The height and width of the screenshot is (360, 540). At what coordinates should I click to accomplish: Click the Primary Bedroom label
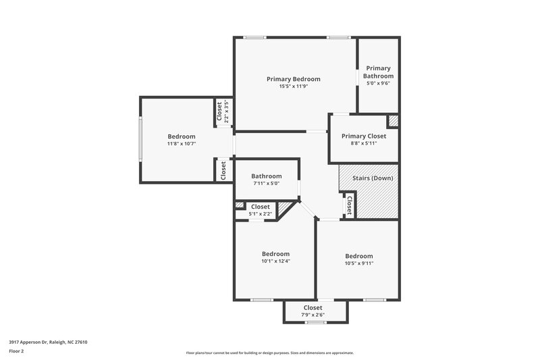(293, 79)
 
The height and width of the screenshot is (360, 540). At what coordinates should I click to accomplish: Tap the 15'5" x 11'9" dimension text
(293, 86)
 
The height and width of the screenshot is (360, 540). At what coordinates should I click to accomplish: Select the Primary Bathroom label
(379, 72)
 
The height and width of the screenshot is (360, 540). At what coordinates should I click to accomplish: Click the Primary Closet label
(364, 136)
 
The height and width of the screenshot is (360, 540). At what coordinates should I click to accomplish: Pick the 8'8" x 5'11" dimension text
(364, 143)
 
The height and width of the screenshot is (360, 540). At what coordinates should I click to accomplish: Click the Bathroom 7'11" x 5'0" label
(267, 176)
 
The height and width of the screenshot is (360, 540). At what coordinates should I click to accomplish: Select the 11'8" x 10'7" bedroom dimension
(182, 144)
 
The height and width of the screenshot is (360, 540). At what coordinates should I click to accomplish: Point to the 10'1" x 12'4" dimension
(275, 261)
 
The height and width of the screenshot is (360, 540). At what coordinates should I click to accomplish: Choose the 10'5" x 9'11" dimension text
(358, 263)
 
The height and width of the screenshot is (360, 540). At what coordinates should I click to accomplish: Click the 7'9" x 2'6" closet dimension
(313, 315)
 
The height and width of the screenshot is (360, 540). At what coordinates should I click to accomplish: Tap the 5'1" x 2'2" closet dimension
(261, 214)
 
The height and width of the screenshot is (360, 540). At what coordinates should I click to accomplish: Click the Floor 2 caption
(17, 351)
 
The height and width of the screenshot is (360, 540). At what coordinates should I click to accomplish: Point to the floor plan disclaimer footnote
(269, 353)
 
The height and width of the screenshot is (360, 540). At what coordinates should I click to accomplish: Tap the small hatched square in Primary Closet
(393, 121)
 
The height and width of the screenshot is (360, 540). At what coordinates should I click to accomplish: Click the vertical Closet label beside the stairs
(349, 204)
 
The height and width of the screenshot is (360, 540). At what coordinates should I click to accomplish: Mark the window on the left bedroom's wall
(140, 139)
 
